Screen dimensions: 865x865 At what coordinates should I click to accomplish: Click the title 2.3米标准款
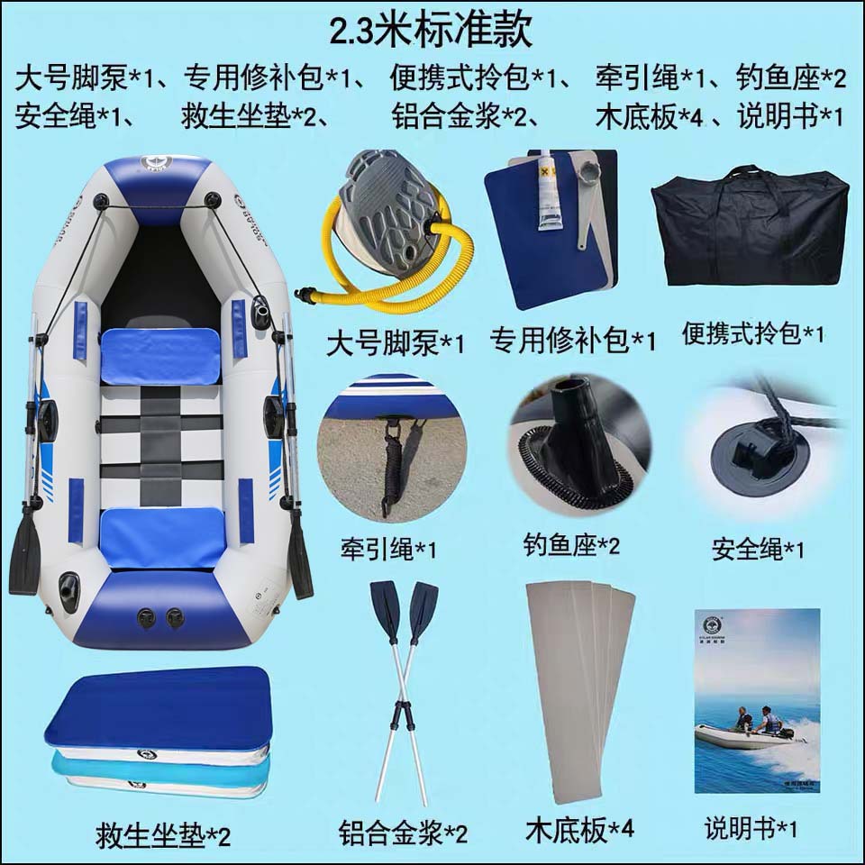pos(431,31)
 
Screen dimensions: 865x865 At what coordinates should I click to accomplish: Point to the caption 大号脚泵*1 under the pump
pos(395,343)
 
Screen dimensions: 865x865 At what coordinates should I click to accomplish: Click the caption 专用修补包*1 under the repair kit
pos(573,340)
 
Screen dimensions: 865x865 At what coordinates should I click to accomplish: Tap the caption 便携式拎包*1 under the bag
pos(752,333)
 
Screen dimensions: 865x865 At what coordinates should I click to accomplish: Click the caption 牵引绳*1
pos(387,550)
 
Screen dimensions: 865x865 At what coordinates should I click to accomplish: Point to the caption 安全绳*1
pos(758,549)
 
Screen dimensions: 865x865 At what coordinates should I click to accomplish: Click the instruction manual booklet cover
pos(757,701)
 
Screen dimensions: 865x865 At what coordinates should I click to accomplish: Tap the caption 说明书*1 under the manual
pos(751,828)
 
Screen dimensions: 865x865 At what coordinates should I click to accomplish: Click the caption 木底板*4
pos(579,830)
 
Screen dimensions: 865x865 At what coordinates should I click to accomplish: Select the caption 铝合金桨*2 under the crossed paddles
pos(404,833)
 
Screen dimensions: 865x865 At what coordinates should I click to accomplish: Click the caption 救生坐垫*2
pos(163,835)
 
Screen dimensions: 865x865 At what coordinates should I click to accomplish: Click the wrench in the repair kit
pos(589,205)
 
